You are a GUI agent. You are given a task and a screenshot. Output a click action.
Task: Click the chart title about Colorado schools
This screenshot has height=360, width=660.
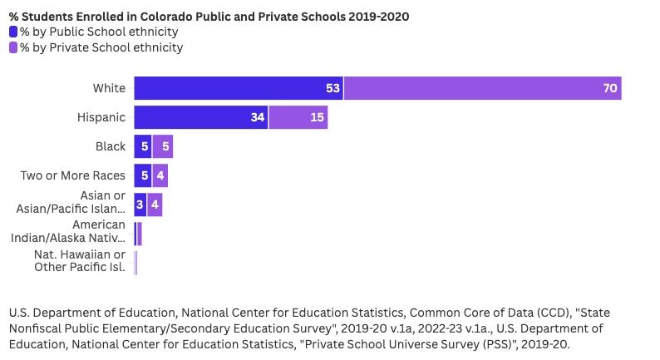(x=209, y=16)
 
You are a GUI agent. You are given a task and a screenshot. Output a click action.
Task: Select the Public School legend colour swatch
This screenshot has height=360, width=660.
(x=13, y=32)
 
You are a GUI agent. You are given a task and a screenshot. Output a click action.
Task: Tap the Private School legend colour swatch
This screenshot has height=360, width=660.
(x=13, y=47)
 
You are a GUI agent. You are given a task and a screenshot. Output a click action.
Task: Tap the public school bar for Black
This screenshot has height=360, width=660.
(x=142, y=146)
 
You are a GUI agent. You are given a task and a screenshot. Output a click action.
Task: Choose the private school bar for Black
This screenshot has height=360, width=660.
(x=162, y=146)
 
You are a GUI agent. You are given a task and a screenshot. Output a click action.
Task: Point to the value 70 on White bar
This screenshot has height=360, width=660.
(x=610, y=88)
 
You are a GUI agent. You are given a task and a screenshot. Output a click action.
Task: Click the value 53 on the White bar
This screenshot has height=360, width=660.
(x=332, y=88)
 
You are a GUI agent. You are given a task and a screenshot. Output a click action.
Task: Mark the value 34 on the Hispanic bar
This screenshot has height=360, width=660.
(x=257, y=117)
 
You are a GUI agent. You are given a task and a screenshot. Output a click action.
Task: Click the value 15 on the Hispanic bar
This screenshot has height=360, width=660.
(x=318, y=117)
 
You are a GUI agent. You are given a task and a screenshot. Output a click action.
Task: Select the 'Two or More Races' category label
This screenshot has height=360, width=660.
(x=73, y=175)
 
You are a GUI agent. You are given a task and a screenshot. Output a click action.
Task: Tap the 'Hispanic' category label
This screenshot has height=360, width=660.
(x=101, y=117)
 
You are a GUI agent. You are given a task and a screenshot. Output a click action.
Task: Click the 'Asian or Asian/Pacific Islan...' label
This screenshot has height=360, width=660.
(x=71, y=204)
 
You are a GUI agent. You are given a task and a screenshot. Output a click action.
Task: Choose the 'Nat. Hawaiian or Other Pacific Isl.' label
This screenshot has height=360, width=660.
(x=80, y=261)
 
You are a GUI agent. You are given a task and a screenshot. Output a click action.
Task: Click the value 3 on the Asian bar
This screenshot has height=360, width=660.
(x=140, y=205)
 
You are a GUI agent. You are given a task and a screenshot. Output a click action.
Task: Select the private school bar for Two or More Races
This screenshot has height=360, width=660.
(x=160, y=175)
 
